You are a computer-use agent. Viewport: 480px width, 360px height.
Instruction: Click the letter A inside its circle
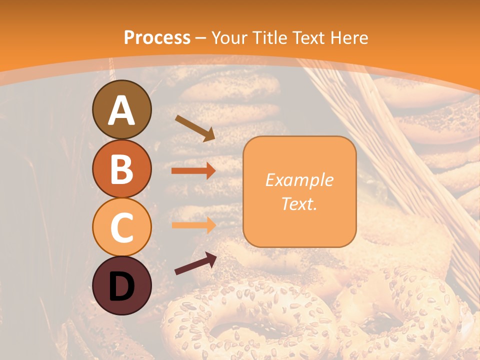(121, 111)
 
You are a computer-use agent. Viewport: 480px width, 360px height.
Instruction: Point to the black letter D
(121, 287)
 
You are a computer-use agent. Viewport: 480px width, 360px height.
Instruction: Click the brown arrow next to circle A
(194, 128)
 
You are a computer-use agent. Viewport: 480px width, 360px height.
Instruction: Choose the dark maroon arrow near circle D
(195, 263)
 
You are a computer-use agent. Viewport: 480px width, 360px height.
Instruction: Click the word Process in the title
(157, 38)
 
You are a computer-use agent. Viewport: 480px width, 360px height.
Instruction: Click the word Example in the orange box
(299, 180)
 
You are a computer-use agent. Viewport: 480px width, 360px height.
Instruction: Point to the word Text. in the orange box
(299, 204)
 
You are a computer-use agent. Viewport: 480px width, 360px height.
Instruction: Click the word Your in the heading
(229, 38)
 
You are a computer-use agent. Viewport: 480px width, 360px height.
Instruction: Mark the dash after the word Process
(201, 38)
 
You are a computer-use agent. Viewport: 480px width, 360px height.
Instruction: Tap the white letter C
(121, 228)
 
